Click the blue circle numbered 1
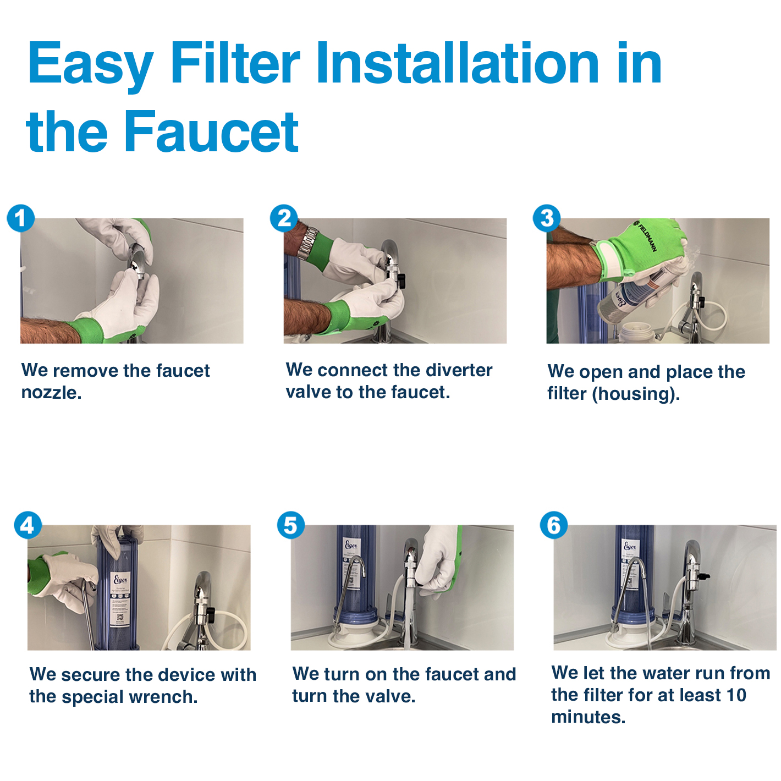coord(21,218)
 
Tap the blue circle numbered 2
coord(284,218)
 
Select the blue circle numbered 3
coord(547,218)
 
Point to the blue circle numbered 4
coord(28,525)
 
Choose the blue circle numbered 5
coord(290,525)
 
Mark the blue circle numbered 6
coord(554,525)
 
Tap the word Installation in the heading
coord(457,63)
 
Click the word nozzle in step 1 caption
coord(52,393)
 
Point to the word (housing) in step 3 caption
coord(636,394)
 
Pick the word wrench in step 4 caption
coord(163,697)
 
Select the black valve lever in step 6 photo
coord(705,575)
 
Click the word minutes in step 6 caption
coord(588,717)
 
